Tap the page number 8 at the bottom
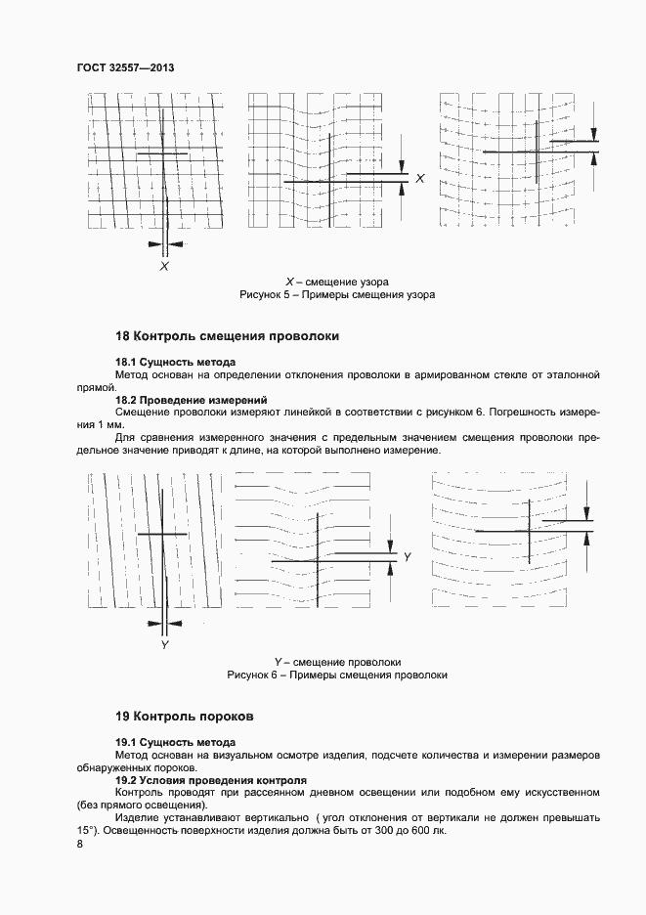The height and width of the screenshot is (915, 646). pyautogui.click(x=79, y=844)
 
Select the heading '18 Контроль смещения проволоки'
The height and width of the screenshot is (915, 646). pyautogui.click(x=227, y=335)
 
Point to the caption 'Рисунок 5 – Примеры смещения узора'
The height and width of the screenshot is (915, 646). pyautogui.click(x=337, y=294)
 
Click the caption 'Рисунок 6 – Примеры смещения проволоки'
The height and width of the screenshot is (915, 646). pyautogui.click(x=337, y=675)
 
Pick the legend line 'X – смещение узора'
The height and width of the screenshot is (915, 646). pyautogui.click(x=337, y=282)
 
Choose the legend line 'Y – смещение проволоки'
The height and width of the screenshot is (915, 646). pyautogui.click(x=337, y=662)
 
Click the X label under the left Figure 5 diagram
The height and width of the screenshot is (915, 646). pyautogui.click(x=164, y=265)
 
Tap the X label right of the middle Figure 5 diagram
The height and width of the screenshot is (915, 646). pyautogui.click(x=420, y=179)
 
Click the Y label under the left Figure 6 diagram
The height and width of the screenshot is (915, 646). pyautogui.click(x=165, y=645)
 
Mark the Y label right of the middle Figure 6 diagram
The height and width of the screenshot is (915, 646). pyautogui.click(x=408, y=556)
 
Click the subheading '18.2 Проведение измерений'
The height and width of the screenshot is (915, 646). pyautogui.click(x=191, y=400)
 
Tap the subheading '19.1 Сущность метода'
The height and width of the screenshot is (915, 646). pyautogui.click(x=175, y=742)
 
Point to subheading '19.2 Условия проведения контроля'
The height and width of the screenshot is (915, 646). pyautogui.click(x=211, y=780)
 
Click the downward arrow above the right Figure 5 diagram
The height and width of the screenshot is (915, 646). pyautogui.click(x=594, y=134)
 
